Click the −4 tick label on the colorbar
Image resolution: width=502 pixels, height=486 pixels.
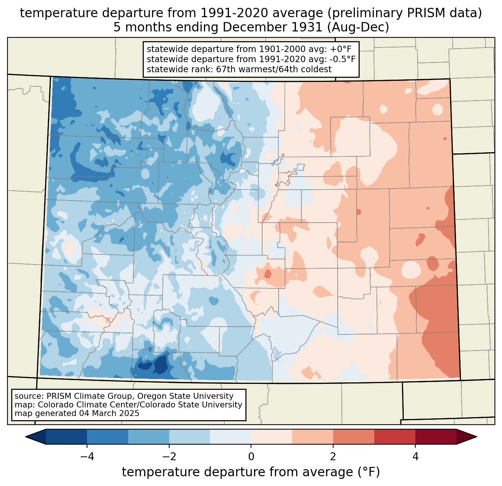point(87,456)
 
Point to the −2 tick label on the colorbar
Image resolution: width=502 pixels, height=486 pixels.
point(169,456)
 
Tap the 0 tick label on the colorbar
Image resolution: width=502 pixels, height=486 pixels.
point(251,456)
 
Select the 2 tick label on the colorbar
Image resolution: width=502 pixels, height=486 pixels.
point(333,456)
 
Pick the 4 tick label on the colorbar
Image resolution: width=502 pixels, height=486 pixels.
point(415,456)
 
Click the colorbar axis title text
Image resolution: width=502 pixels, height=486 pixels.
point(251,472)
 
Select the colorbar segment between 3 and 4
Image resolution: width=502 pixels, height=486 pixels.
point(395,437)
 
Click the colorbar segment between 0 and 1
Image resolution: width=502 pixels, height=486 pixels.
point(272,437)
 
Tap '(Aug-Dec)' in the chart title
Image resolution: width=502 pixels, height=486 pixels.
point(358,27)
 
